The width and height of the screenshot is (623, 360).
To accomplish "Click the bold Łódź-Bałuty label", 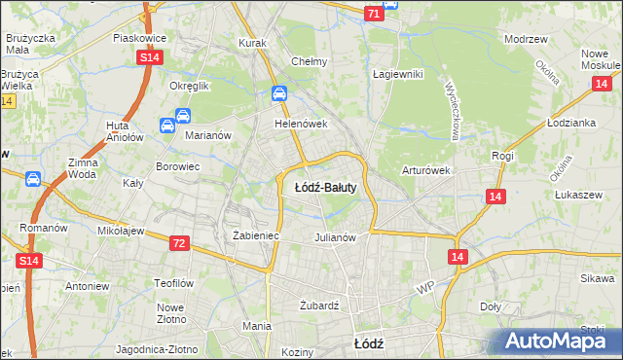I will coord(325,188).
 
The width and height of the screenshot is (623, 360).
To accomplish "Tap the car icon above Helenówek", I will coord(279,94).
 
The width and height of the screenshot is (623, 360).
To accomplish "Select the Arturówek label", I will coord(426,170).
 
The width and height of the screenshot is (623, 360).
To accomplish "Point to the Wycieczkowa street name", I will coord(453,109).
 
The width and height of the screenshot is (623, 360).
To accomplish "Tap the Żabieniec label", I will coord(256,235).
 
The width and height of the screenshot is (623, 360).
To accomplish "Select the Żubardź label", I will coord(318,305).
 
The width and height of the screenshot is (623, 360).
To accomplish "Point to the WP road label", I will coord(423,289).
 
